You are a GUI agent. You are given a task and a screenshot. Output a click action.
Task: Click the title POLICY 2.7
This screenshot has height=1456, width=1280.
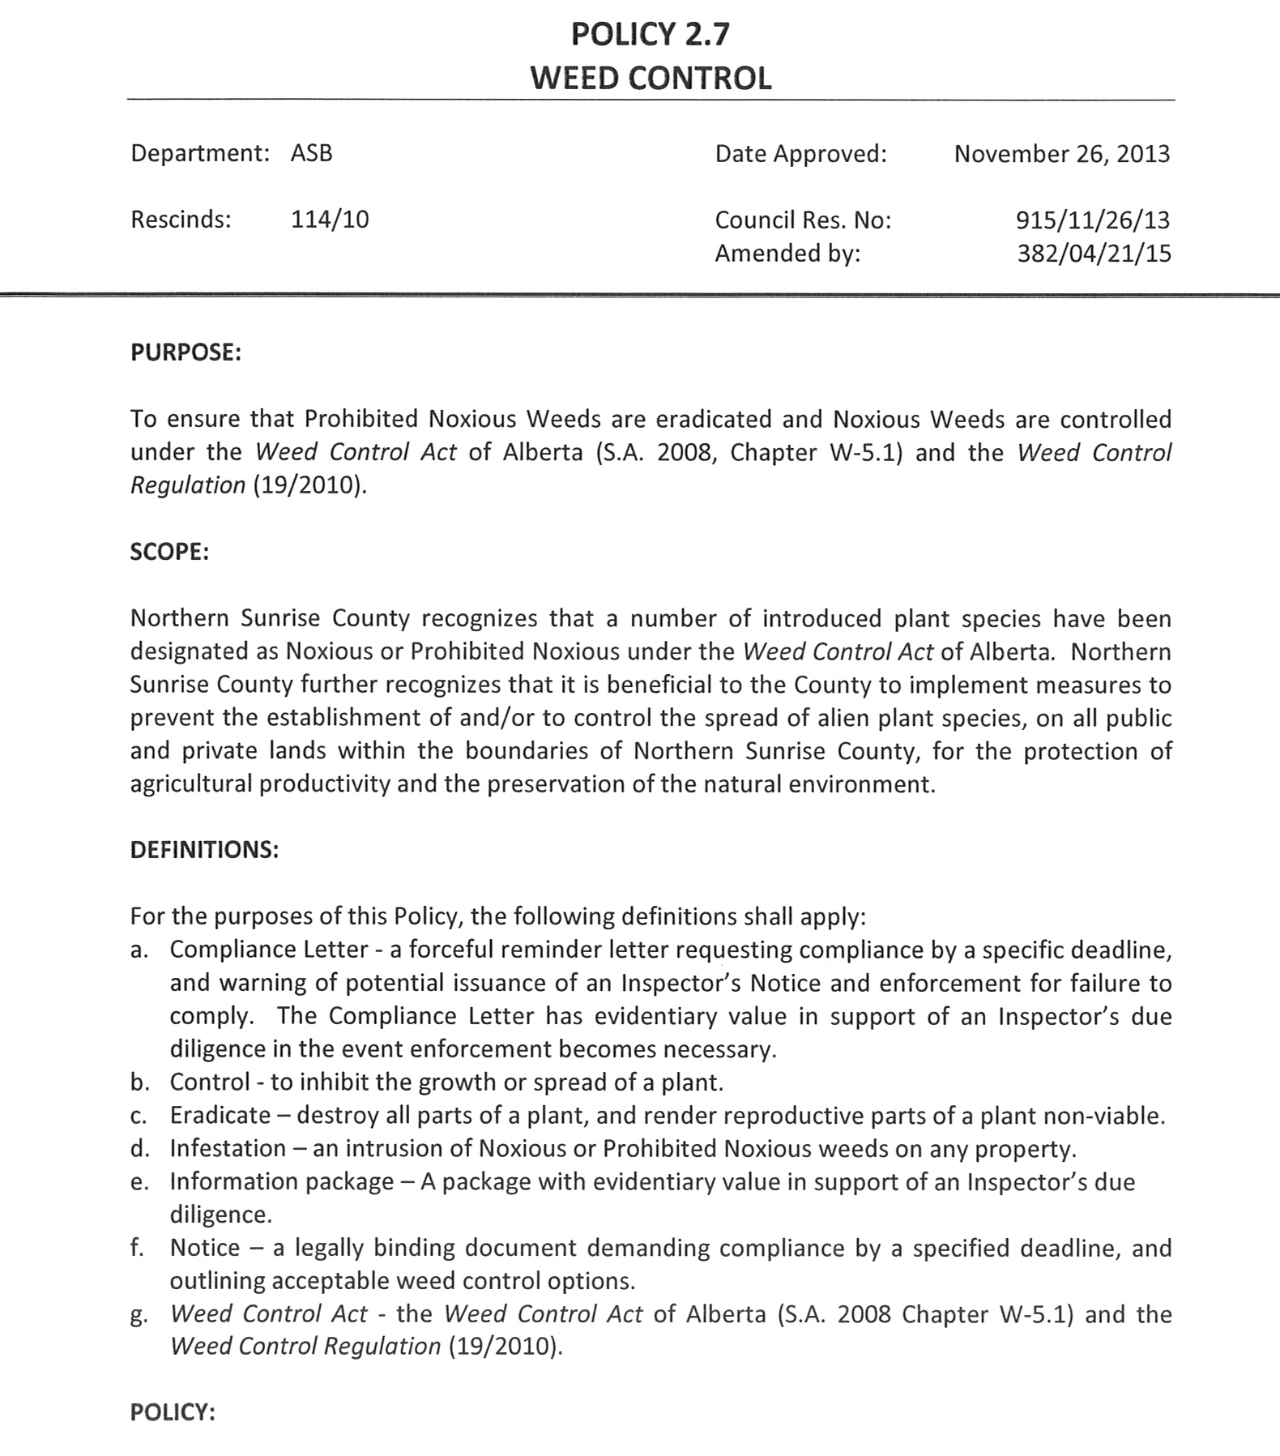pos(650,34)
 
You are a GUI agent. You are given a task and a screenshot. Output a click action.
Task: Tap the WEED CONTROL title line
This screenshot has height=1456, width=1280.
pos(651,79)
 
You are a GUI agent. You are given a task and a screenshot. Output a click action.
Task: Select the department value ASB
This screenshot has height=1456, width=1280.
pos(312,153)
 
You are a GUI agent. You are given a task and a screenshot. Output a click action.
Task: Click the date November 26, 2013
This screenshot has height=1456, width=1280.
pos(1061,153)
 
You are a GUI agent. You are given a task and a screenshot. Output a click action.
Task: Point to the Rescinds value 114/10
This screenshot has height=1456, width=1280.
pos(330,219)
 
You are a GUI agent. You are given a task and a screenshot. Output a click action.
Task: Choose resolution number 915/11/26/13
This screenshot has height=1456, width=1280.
pos(1093,220)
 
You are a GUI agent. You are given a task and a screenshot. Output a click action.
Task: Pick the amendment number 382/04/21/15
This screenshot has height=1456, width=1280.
pos(1094,254)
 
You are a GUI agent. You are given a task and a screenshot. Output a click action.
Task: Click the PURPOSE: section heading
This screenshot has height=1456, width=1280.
pos(186,353)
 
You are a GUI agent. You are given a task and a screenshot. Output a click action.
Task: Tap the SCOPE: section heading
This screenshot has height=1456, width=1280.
pos(169,552)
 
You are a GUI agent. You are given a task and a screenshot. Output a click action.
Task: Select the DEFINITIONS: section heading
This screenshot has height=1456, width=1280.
pos(204,850)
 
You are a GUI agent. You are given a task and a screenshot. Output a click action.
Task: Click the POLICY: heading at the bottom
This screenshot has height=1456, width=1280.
pos(173,1412)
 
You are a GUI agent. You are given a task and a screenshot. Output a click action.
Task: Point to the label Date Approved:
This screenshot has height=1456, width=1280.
pos(800,153)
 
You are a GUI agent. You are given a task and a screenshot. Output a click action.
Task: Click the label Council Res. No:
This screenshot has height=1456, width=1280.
pos(802,220)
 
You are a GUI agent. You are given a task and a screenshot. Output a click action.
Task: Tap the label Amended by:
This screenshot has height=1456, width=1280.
pos(787,254)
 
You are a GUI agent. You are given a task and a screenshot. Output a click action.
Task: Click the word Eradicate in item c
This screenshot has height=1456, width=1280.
pos(220,1116)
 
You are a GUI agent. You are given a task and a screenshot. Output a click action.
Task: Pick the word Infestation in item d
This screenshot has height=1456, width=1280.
pos(228,1149)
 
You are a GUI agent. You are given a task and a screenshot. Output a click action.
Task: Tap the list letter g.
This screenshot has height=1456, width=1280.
pos(139,1315)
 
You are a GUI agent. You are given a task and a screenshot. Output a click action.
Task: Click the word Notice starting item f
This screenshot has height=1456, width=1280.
pos(205,1249)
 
